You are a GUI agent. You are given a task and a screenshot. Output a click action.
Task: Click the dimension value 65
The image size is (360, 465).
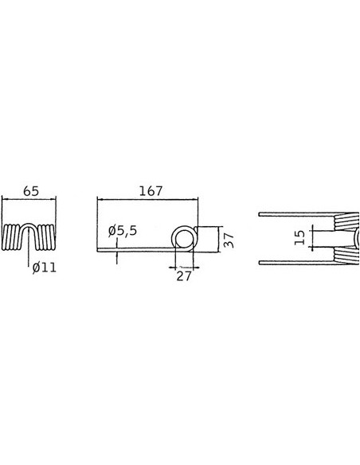pos(32,192)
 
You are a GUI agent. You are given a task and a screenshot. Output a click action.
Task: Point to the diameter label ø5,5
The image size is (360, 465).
pos(123,231)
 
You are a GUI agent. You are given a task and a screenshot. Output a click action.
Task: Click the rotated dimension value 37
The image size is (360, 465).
pos(229,240)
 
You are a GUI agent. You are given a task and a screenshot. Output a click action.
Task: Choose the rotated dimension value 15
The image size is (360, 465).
pos(299,236)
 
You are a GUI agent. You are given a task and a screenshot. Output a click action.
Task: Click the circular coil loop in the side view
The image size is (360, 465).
pos(184,239)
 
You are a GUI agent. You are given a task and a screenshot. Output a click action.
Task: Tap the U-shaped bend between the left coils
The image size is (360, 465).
pos(30,233)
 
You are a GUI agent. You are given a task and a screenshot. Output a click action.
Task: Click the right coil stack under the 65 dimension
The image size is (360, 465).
pos(47,238)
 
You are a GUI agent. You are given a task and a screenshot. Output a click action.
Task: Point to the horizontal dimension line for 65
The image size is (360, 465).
pos(30,201)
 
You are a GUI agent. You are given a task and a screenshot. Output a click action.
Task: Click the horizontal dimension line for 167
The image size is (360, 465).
pos(143,201)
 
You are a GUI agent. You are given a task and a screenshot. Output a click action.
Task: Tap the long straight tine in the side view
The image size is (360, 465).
pos(135,249)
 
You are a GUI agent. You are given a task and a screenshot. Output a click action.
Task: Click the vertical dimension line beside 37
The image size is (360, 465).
pos(216,239)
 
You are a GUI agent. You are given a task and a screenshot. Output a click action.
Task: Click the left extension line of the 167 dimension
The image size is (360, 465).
pos(96,223)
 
